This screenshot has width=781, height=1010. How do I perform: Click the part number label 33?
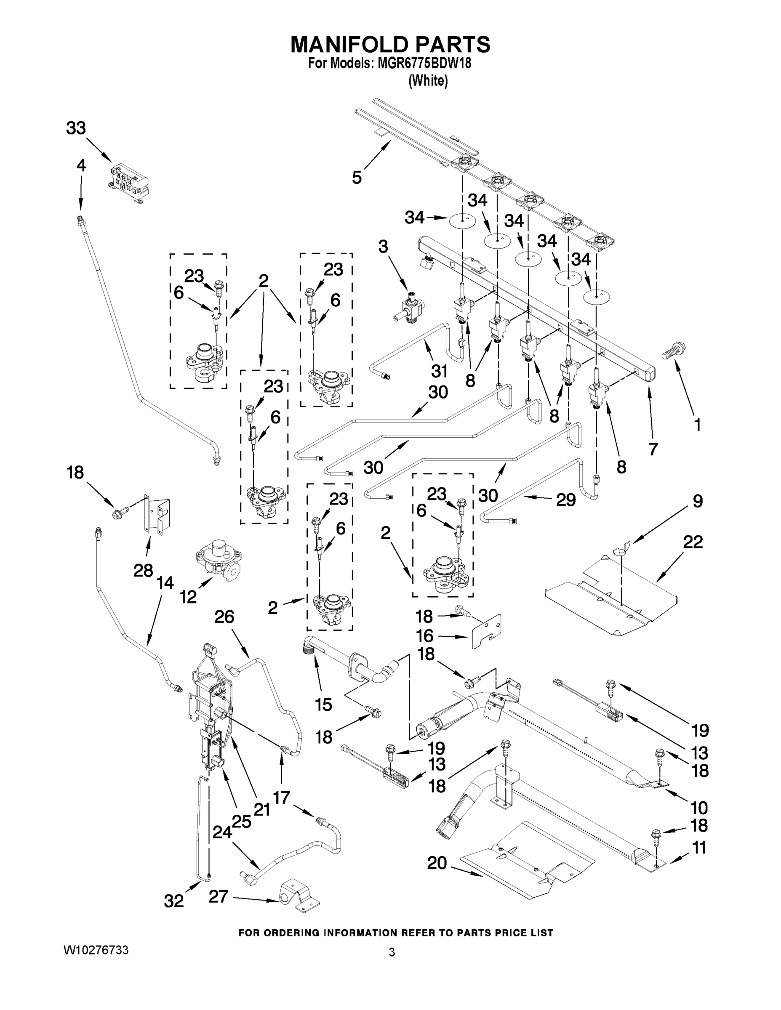point(76,128)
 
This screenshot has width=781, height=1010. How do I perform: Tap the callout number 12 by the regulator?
point(188,597)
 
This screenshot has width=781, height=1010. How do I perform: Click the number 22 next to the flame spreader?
point(693,542)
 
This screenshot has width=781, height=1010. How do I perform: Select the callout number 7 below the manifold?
point(653,449)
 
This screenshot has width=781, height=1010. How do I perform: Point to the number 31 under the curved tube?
point(440,370)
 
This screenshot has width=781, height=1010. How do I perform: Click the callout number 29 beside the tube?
point(565,500)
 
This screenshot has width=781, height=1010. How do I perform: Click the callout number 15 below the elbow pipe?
point(323,705)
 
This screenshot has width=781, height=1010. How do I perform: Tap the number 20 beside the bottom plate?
point(437,863)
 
